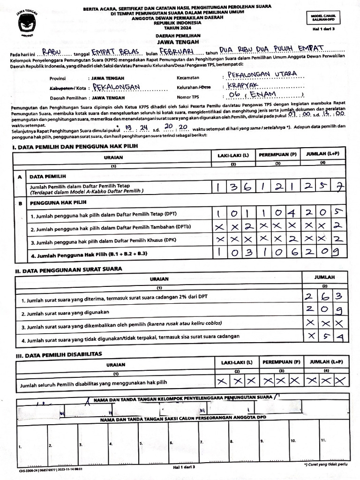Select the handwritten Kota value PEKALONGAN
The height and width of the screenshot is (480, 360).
[x=117, y=87]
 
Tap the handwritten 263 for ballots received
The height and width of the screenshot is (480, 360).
[x=325, y=296]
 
